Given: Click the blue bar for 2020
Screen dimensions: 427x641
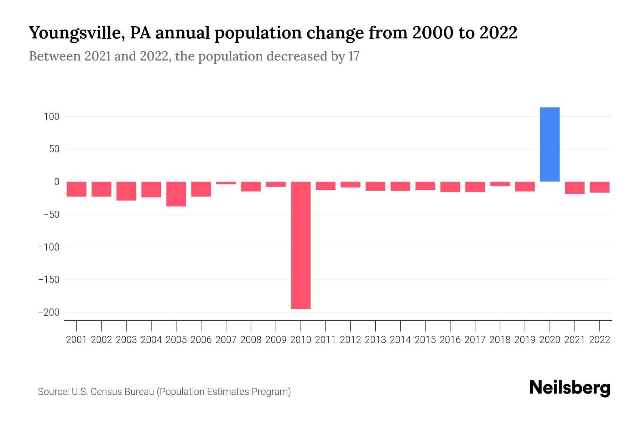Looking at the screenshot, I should pos(549,144).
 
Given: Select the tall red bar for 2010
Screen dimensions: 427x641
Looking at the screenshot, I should pos(301,245).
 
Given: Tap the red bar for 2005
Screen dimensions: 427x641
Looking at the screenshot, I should pos(176,194).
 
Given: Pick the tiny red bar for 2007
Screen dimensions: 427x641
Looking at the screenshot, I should pos(226,183).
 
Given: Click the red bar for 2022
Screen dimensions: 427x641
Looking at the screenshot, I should pos(600,187).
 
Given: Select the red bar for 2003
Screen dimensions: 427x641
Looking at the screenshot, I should pos(126,191).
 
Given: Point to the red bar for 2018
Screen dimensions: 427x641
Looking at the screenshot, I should pos(500,184).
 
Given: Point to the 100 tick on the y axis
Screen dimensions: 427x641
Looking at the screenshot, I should pos(52,116).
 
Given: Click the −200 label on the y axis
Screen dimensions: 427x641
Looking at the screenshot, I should pos(49,312).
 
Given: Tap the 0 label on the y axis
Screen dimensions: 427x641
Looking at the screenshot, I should pos(57,182).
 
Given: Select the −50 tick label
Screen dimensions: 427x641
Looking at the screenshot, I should pos(51,215).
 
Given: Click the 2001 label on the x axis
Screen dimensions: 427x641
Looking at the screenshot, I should pos(77,340).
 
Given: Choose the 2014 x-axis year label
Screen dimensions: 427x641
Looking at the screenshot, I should pos(400,340).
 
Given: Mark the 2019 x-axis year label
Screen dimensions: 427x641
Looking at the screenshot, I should pos(525,340).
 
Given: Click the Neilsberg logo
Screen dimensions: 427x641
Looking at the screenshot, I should pos(570,388).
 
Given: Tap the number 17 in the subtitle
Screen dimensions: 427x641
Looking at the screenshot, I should pos(354,56).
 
